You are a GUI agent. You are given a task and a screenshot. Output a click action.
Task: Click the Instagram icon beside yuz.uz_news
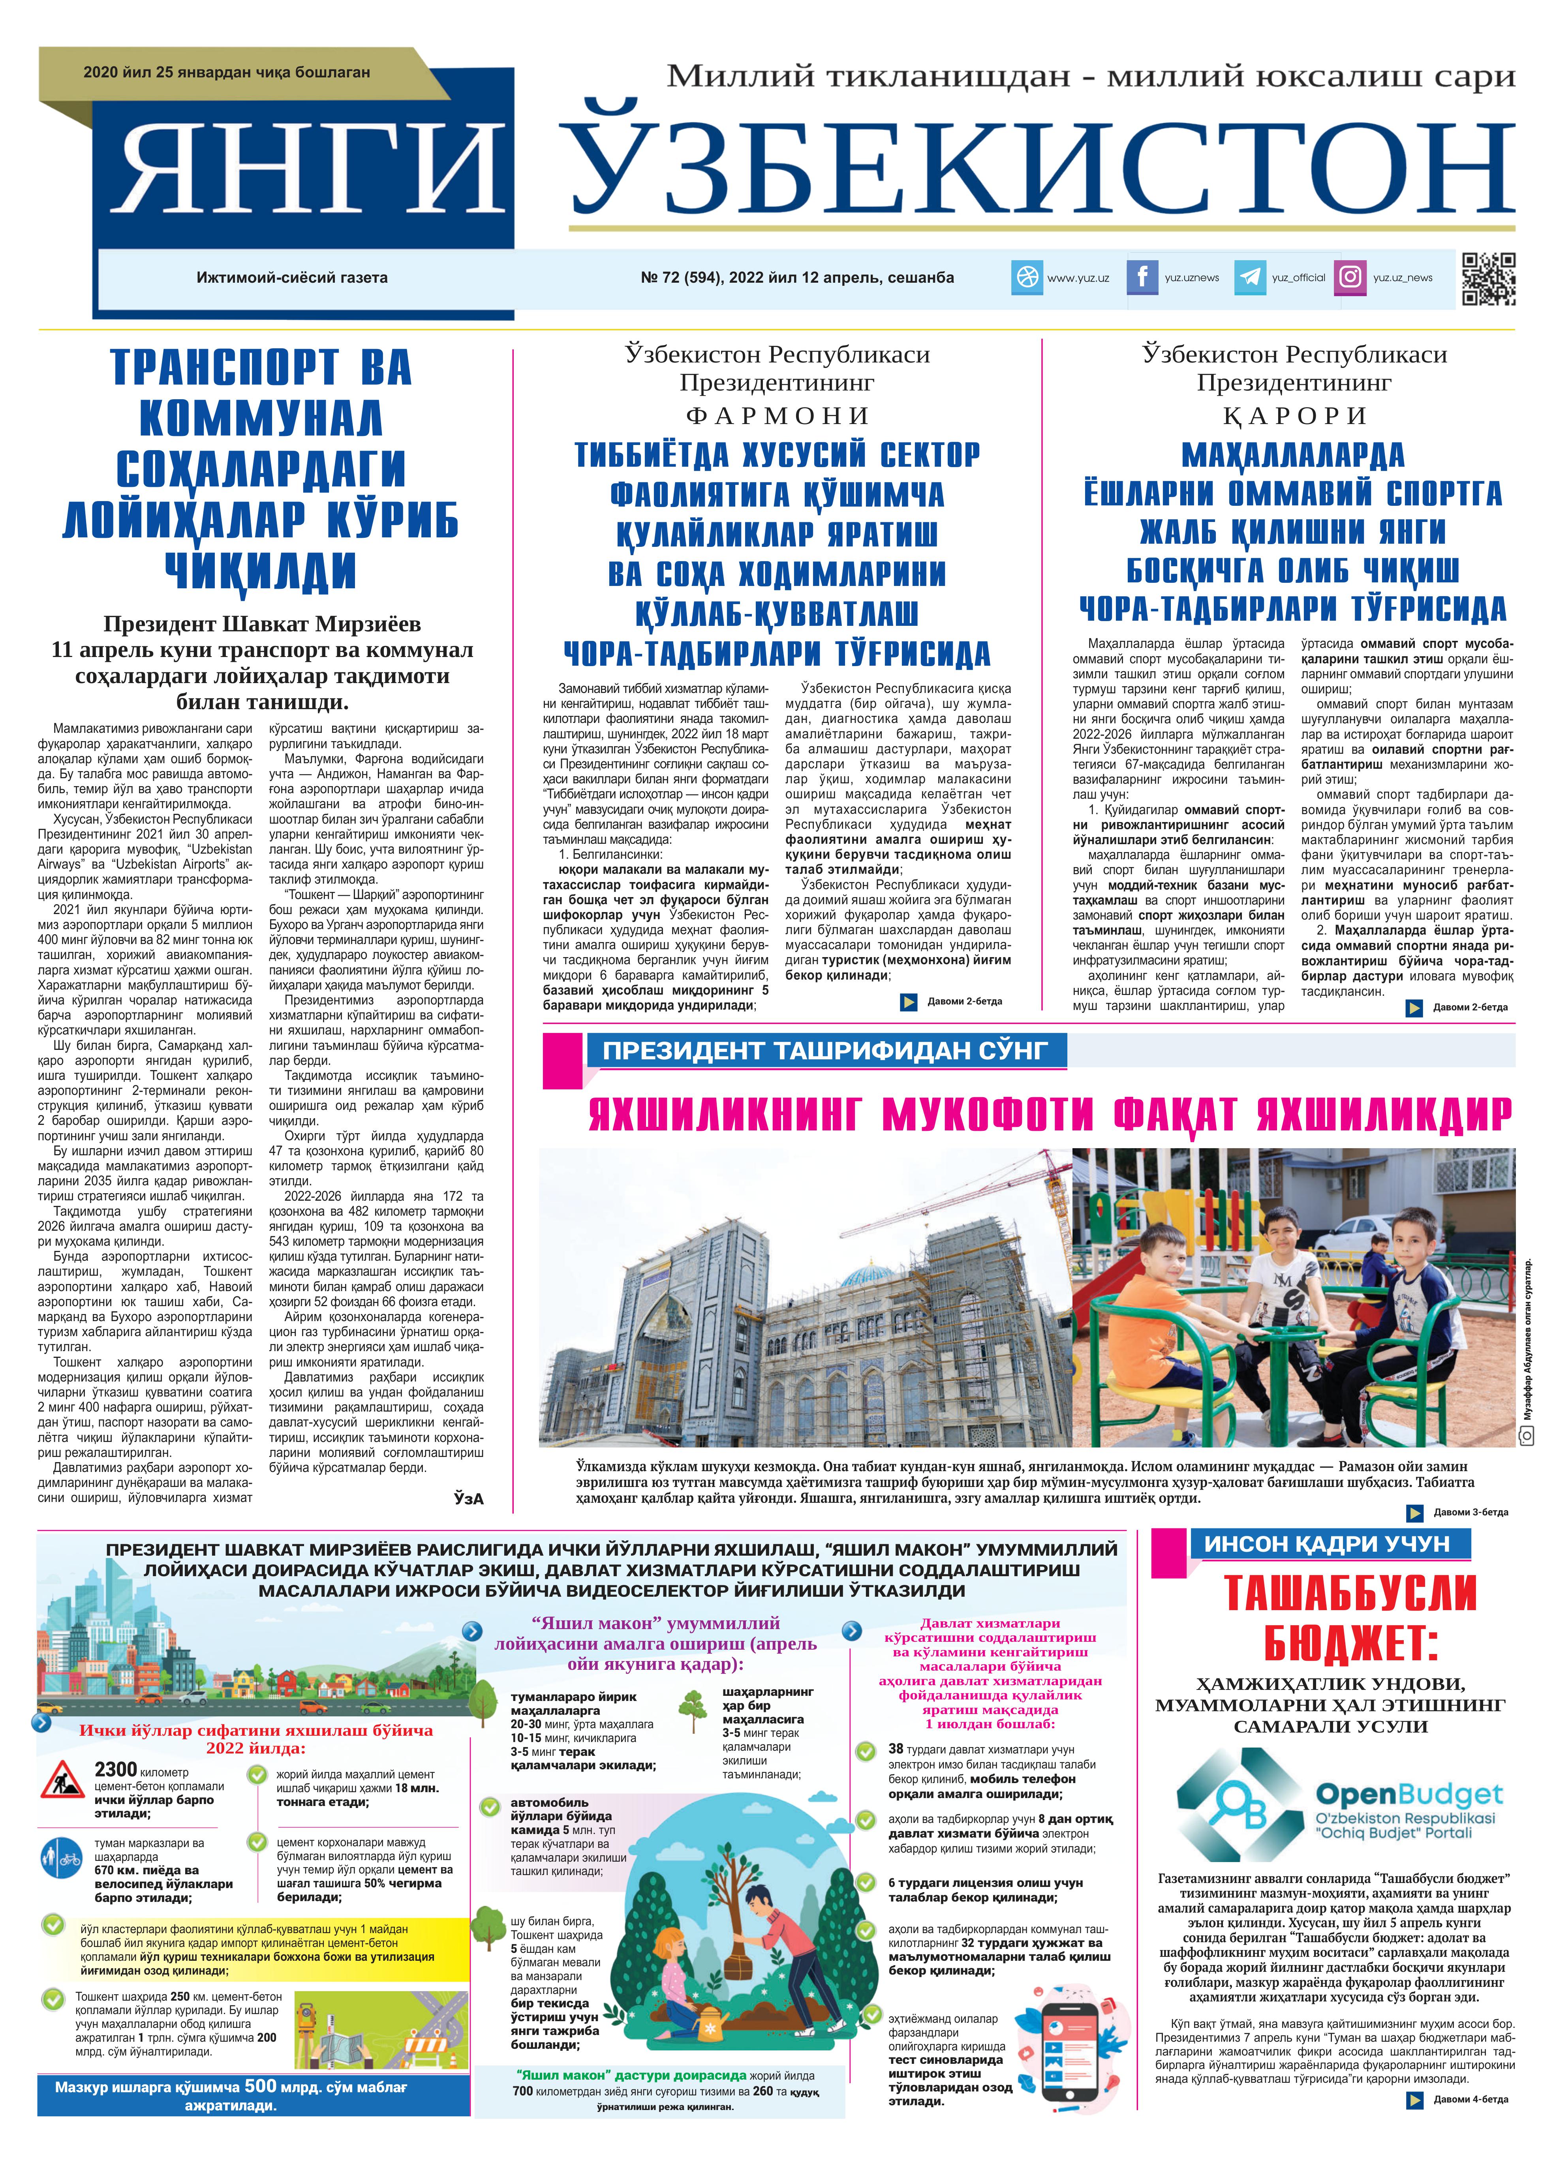[1350, 278]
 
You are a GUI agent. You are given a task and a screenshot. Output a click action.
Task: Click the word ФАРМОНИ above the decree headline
[777, 416]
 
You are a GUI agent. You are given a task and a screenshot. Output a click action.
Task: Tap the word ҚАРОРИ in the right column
[1294, 416]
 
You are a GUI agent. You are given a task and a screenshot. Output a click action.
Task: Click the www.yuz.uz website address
[1078, 278]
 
